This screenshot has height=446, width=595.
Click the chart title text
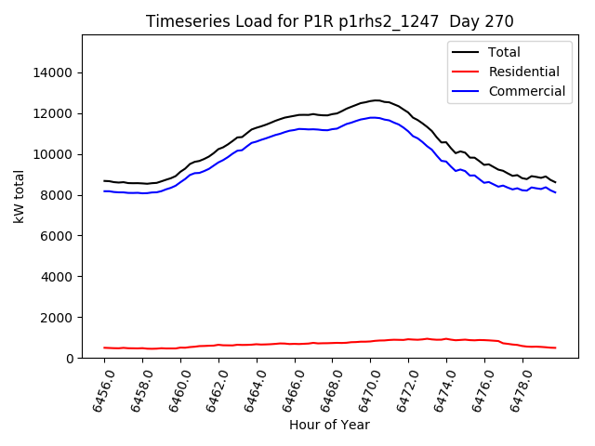click(330, 21)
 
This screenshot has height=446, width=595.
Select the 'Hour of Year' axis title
click(329, 426)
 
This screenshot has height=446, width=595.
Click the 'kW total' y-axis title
click(20, 196)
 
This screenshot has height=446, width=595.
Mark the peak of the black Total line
click(376, 100)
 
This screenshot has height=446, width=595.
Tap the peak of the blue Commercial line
click(374, 117)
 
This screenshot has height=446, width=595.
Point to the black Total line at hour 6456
click(104, 181)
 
